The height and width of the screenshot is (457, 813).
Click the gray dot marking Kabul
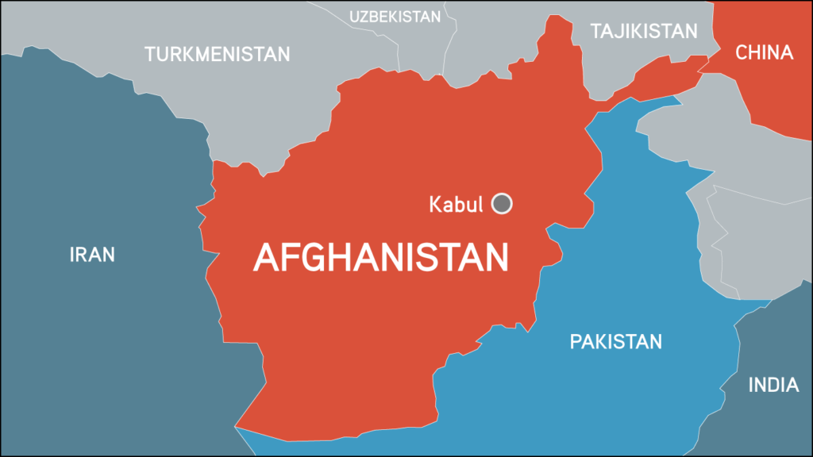click(502, 204)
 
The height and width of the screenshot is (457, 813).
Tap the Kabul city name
click(456, 204)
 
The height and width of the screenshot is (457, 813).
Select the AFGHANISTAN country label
click(381, 258)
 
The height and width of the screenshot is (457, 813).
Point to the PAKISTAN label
click(615, 342)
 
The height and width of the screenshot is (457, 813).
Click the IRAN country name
click(92, 255)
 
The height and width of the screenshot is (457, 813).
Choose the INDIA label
click(773, 386)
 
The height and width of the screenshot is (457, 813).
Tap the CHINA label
click(764, 53)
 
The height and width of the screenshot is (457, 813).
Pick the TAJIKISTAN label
click(644, 31)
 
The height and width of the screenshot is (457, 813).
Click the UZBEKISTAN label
click(395, 16)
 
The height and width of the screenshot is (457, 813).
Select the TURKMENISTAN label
click(217, 54)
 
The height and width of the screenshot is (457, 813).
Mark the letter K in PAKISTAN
click(597, 342)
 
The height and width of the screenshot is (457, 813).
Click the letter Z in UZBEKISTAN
click(368, 16)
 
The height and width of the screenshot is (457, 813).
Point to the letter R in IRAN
click(83, 255)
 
